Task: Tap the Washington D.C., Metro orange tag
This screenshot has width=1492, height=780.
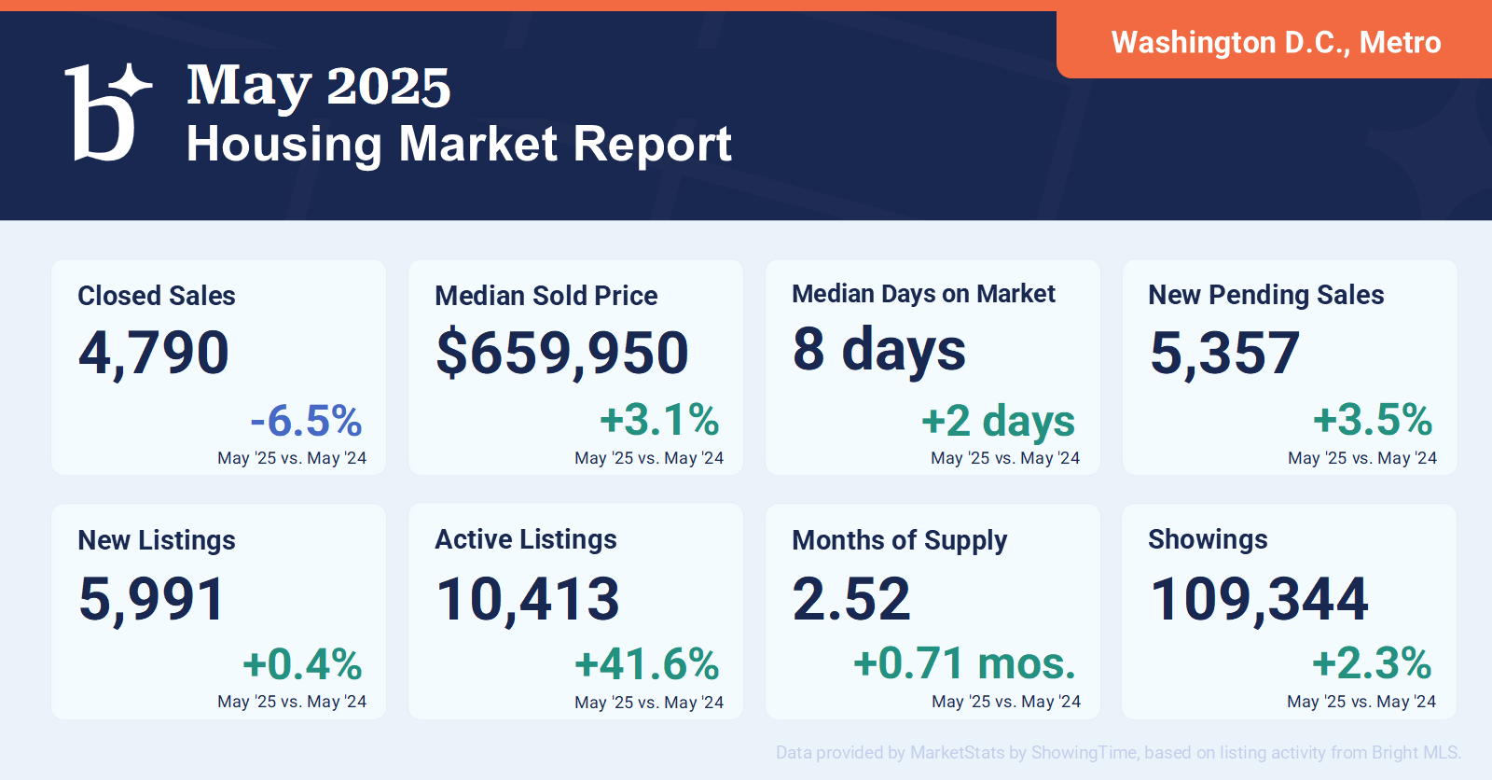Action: (1275, 43)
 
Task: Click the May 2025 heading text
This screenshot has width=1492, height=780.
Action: (318, 87)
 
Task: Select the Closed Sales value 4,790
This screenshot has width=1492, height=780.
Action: (154, 353)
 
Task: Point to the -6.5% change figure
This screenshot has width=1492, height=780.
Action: (306, 421)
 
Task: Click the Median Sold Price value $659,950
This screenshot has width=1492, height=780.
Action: (562, 353)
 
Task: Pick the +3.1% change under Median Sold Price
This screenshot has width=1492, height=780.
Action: (659, 420)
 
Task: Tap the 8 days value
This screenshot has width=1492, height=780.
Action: (879, 350)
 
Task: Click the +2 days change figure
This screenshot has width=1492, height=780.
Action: (998, 421)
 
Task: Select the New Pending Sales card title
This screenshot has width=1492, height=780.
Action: (1265, 295)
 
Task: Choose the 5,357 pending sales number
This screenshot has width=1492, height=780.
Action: (1224, 353)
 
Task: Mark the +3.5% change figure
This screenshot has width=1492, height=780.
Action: (1373, 420)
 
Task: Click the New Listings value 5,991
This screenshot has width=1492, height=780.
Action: (152, 598)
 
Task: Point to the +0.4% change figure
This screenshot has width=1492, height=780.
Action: (302, 665)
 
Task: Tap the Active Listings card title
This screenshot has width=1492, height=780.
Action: (526, 539)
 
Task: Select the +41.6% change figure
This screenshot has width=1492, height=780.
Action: (647, 665)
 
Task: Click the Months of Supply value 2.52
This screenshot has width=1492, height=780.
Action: (851, 598)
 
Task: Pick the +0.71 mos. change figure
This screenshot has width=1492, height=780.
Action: (964, 664)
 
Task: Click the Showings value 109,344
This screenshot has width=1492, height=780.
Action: (1259, 598)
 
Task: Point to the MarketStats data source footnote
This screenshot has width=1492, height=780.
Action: (1118, 753)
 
